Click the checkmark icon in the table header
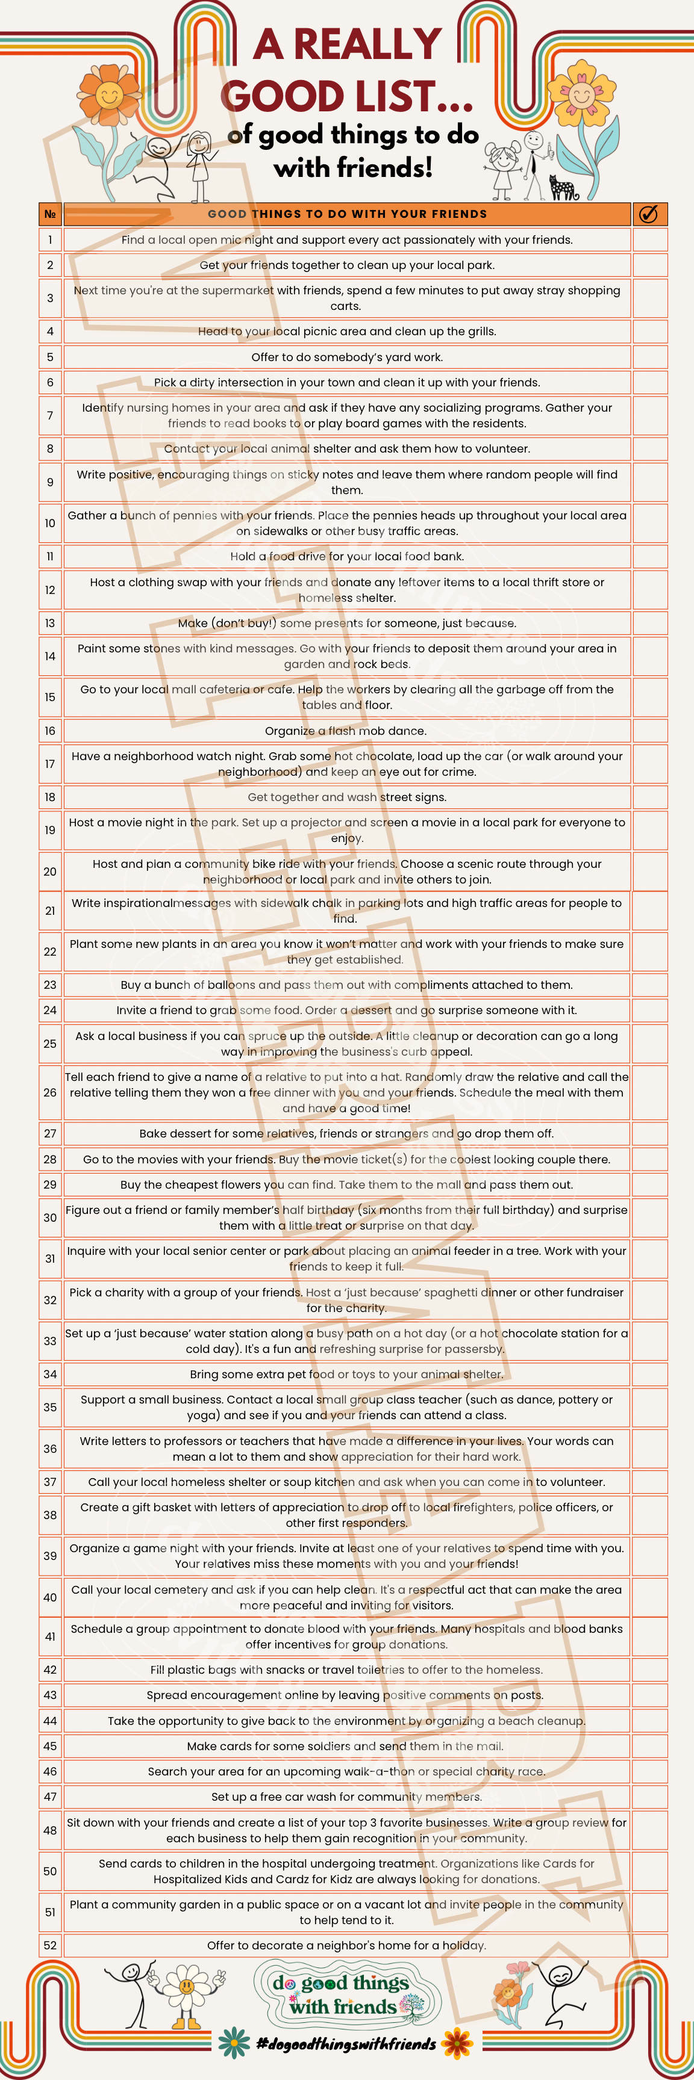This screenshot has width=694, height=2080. pos(648,214)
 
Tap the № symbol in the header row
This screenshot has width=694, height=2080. pos(50,214)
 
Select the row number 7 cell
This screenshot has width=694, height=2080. pos(50,416)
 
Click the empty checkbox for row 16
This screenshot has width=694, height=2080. pos(649,731)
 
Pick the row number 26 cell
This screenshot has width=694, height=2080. pos(50,1092)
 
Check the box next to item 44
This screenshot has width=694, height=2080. pos(649,1721)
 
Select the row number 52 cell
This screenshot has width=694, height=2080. pos(50,1945)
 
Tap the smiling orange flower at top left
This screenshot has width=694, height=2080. pos(110,95)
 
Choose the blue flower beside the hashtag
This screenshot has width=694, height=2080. pos(234,2043)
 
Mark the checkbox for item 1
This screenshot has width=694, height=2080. pos(649,240)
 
